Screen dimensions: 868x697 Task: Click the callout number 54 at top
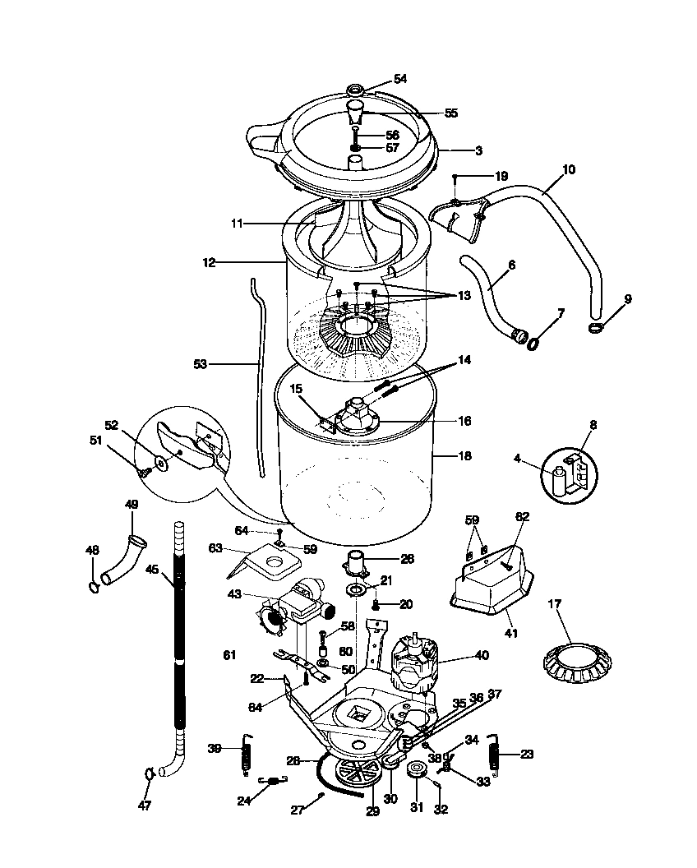pos(400,79)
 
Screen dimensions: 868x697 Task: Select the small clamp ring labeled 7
pos(533,343)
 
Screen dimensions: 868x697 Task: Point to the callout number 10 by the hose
pos(569,170)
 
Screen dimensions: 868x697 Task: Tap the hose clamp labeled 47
pos(149,773)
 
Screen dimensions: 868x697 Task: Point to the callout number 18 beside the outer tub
pos(464,454)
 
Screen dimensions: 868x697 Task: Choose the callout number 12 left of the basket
pos(209,262)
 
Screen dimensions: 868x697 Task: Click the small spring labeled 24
pos(271,782)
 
